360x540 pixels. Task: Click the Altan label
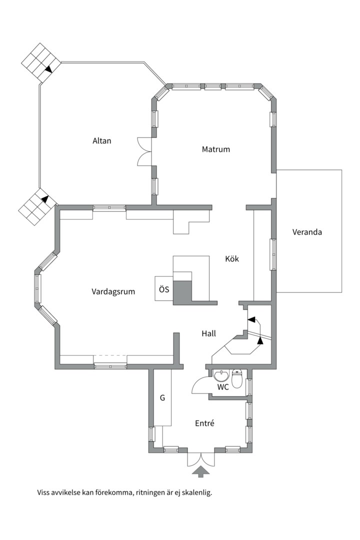coord(102,141)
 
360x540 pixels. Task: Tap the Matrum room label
coord(215,149)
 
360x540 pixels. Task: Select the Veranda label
coord(307,232)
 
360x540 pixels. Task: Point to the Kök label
coord(232,258)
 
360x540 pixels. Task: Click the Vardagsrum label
coord(113,291)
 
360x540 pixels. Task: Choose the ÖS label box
coord(164,288)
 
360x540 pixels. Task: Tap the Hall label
coord(209,333)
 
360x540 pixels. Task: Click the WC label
coord(223,387)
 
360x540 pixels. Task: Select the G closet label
coord(162,398)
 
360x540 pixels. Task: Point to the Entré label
coord(204,423)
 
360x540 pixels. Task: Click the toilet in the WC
coord(237,378)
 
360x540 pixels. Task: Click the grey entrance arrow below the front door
coord(201,471)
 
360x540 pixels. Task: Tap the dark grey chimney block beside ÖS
coord(182,292)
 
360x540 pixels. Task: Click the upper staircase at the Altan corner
coord(41,62)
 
